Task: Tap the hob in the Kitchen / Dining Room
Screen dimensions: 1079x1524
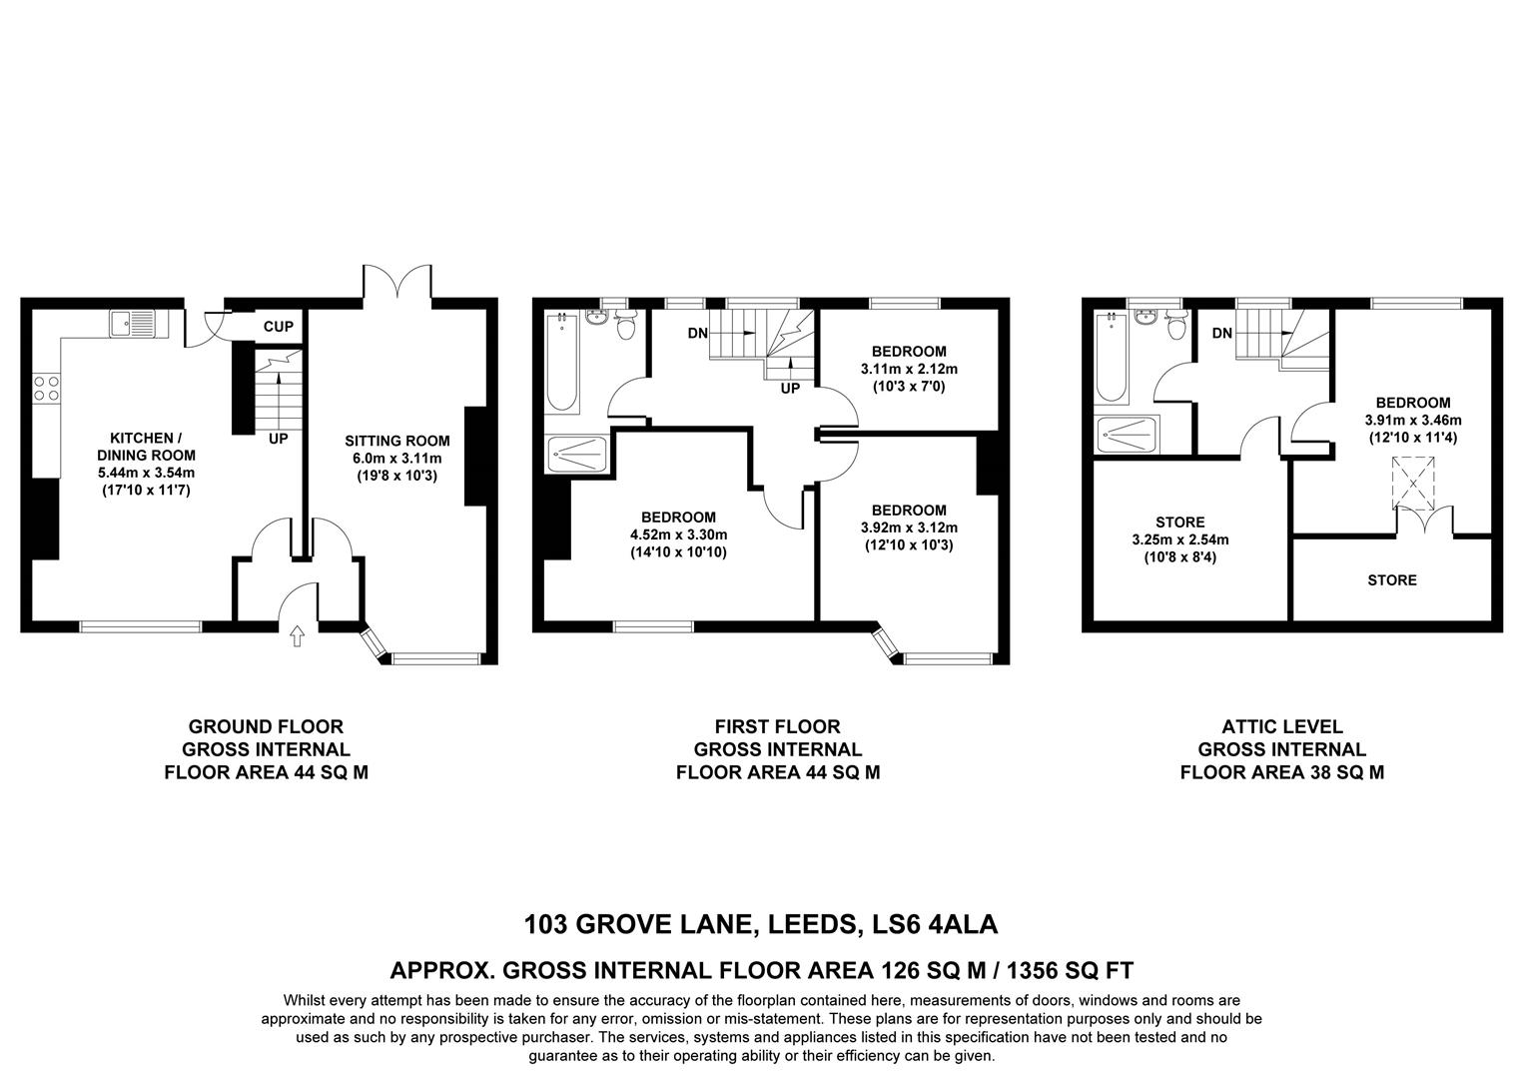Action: pos(46,387)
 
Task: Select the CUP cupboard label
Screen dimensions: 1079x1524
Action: pos(279,327)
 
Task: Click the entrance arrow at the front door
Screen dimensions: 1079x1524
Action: pos(297,636)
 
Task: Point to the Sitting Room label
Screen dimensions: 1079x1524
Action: pos(397,441)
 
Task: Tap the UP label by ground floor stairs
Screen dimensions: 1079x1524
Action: pos(279,439)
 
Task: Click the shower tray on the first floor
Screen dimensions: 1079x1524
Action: pos(576,455)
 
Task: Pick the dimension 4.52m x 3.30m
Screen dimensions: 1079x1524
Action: pos(678,535)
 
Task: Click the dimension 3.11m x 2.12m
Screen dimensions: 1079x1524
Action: pos(909,369)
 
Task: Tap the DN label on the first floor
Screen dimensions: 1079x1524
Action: pos(698,333)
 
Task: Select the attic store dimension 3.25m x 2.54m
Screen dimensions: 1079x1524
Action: pos(1179,539)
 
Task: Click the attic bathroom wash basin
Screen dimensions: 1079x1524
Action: pos(1145,319)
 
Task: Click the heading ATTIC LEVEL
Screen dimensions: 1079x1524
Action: pos(1282,727)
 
